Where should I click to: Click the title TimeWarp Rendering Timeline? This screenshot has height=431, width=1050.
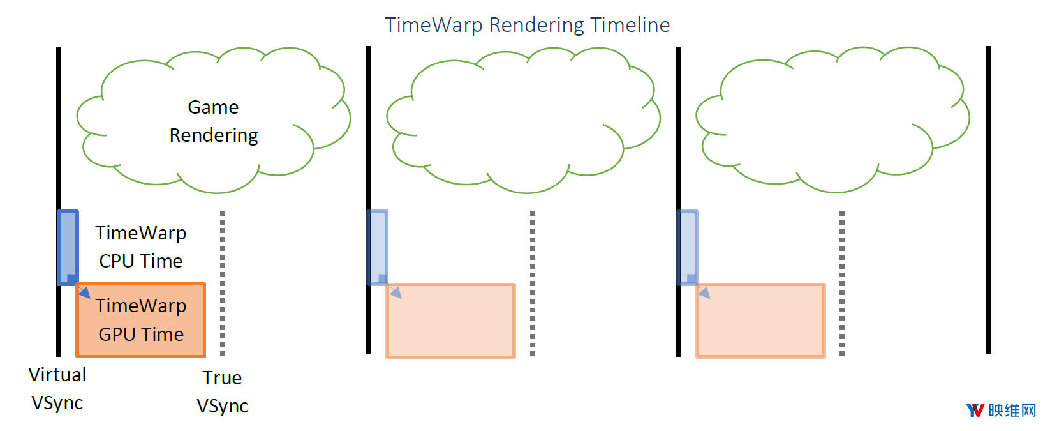click(527, 25)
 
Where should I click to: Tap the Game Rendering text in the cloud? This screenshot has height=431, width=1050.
click(214, 121)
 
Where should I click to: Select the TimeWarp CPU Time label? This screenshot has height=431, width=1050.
click(141, 246)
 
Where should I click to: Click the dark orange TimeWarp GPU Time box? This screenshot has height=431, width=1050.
click(141, 320)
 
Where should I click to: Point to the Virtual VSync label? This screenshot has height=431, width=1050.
click(57, 388)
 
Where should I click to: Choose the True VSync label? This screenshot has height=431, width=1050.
click(222, 391)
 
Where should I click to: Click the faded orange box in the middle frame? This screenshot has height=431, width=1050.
click(451, 321)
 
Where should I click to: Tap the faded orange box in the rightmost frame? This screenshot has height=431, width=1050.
click(760, 321)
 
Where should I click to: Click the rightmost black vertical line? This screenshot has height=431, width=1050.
click(988, 200)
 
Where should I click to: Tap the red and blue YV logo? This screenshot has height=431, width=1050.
click(975, 410)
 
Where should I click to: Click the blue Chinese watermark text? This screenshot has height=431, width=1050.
click(1012, 410)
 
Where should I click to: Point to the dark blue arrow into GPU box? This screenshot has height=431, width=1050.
click(84, 292)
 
